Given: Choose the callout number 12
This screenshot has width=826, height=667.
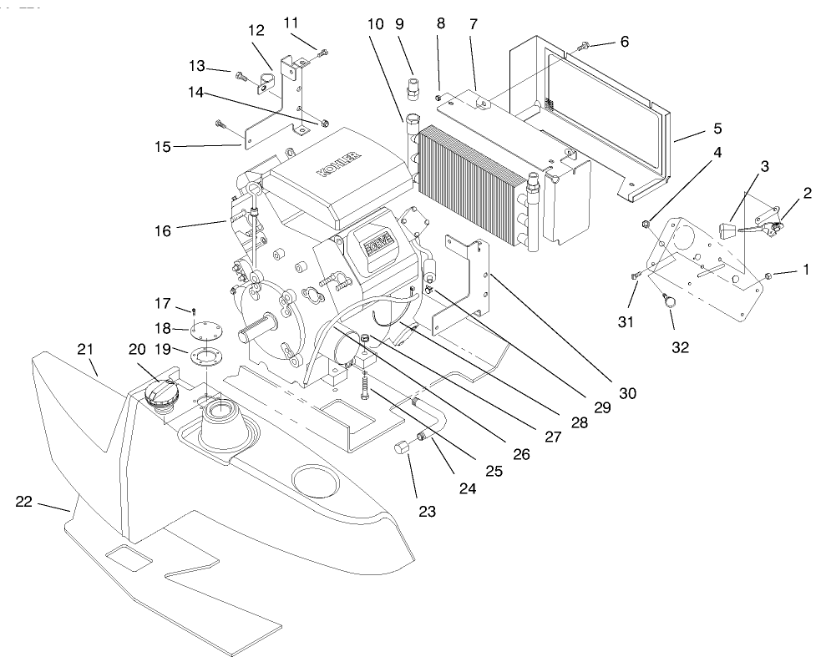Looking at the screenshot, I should click(256, 31).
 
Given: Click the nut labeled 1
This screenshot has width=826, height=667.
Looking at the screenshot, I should click(769, 275).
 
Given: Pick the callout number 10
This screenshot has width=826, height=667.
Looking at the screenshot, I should click(375, 25).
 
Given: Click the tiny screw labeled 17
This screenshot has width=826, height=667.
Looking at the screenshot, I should click(193, 310).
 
